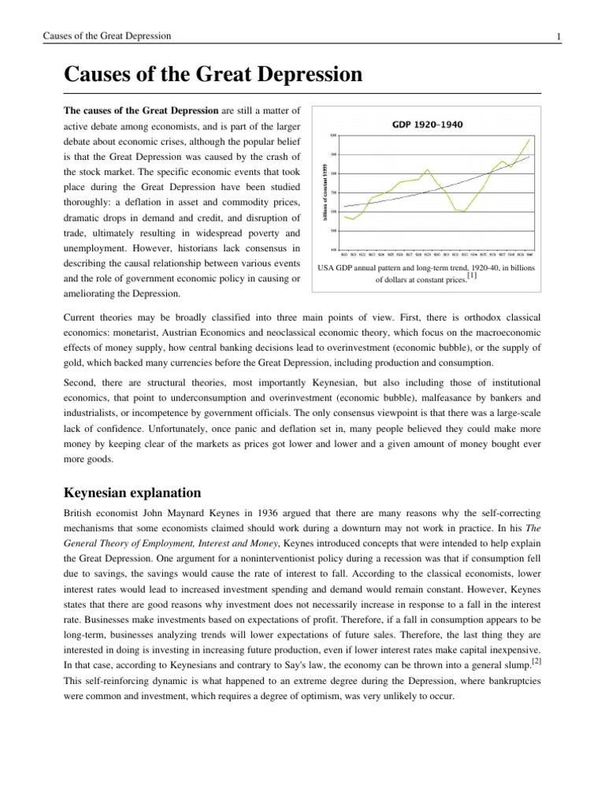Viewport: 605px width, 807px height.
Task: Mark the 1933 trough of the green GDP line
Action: pos(465,211)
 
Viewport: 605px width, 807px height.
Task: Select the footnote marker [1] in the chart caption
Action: pos(471,276)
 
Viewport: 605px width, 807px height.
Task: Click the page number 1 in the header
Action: pos(536,36)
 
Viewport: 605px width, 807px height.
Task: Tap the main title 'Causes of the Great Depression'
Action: pos(213,76)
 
